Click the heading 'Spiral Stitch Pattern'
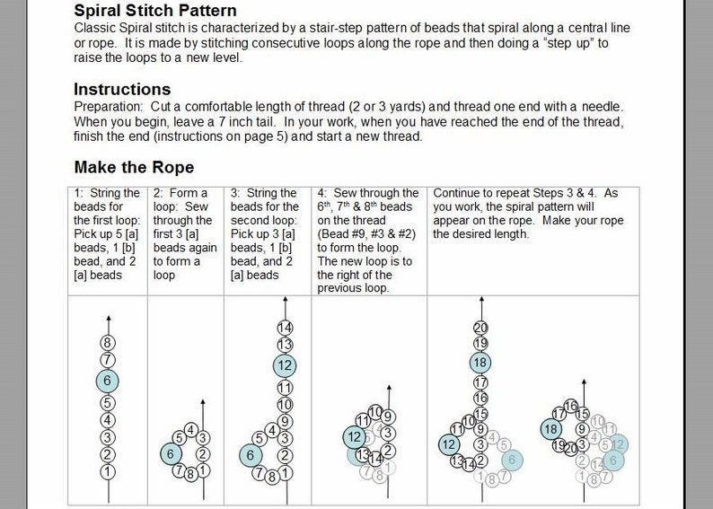pos(155,11)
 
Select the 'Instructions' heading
pos(122,89)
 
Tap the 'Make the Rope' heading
pos(134,168)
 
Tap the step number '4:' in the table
pos(322,193)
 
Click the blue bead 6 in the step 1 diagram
pos(108,381)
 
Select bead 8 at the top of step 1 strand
pos(108,342)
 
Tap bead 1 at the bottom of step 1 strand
pos(108,471)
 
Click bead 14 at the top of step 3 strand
pos(286,327)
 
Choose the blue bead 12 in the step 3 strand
pos(286,365)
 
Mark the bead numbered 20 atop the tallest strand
pos(480,327)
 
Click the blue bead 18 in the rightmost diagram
pos(551,429)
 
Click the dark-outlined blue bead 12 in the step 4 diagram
pos(353,437)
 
